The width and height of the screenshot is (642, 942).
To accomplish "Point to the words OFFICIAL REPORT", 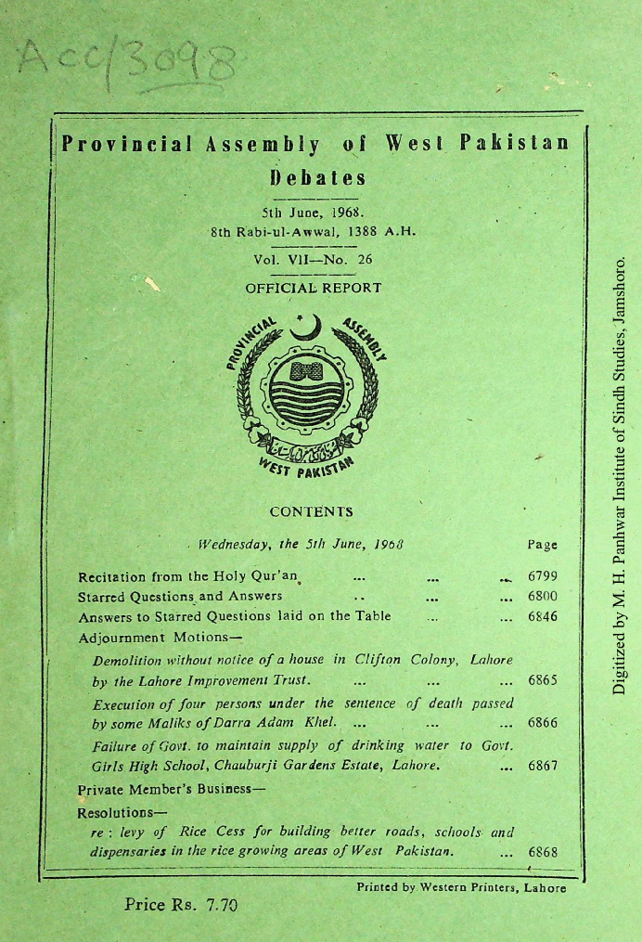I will (313, 288).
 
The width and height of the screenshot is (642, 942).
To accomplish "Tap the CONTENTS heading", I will (311, 511).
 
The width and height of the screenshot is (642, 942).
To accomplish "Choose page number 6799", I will (543, 576).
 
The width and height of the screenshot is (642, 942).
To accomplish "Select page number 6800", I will (543, 596).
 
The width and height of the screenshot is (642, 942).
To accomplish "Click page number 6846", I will (543, 616).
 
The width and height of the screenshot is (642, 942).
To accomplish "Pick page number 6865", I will (543, 680).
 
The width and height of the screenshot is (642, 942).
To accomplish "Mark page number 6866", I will (543, 723).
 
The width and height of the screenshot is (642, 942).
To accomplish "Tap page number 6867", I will (543, 767).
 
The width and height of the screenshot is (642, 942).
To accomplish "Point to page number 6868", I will (543, 851).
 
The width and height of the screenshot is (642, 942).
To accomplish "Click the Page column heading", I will (542, 545).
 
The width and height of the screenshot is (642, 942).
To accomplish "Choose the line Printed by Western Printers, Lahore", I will (461, 888).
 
